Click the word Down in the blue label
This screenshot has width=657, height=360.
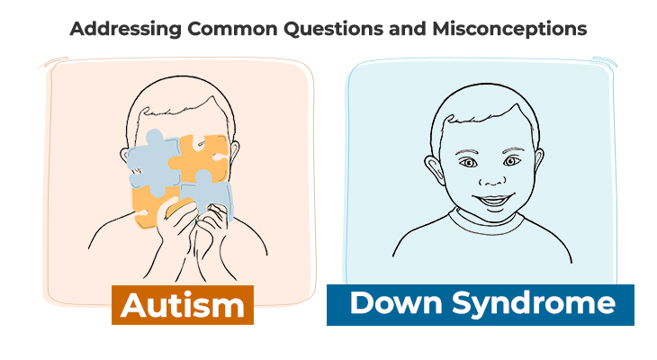389,302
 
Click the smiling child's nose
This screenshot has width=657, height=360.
489,178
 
